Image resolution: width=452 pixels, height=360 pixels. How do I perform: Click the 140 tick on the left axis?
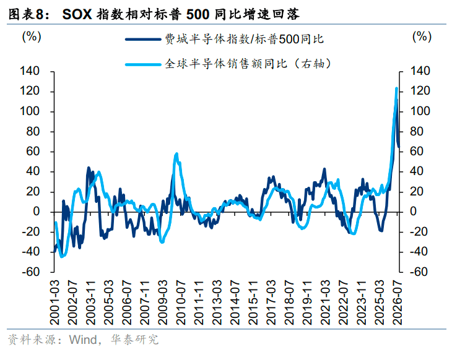click(x=30, y=71)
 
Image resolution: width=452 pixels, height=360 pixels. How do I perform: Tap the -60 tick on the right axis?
click(x=420, y=272)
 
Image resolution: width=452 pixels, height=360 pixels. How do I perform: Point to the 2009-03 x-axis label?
click(x=163, y=302)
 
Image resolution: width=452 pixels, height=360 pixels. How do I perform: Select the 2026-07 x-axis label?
click(x=398, y=302)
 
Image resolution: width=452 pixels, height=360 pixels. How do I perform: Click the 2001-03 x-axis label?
click(x=54, y=302)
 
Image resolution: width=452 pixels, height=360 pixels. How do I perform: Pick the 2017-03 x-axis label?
click(x=271, y=302)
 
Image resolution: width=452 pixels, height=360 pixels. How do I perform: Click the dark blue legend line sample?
click(x=143, y=39)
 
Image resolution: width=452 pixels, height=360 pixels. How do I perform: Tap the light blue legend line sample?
click(x=143, y=64)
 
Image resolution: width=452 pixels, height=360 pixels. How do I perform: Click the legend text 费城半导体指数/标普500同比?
click(x=244, y=39)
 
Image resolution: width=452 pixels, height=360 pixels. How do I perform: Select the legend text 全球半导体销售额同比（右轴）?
click(x=248, y=64)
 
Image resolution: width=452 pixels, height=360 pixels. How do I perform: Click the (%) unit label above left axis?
click(x=32, y=37)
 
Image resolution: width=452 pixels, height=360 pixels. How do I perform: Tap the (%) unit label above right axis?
click(x=422, y=37)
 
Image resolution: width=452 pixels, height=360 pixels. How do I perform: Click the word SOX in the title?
click(x=77, y=14)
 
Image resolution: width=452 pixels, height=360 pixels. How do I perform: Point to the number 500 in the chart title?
click(x=198, y=14)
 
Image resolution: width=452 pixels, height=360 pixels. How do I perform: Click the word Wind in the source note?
click(x=83, y=340)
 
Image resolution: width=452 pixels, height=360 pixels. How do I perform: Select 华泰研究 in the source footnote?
click(x=134, y=340)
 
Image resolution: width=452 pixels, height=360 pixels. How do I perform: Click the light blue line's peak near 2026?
click(x=396, y=88)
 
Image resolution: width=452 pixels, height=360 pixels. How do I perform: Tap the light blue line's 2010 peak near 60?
click(x=176, y=154)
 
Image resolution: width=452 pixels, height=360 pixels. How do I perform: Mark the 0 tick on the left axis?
click(x=37, y=212)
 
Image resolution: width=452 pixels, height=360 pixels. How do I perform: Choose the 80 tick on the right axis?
click(x=417, y=131)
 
